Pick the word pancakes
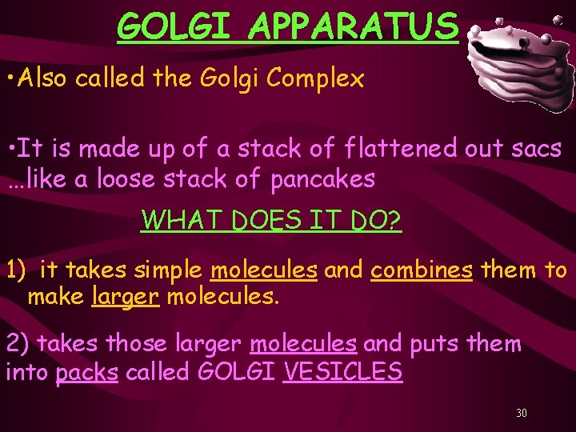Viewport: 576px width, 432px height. click(x=322, y=179)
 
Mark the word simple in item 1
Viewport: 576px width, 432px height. click(x=166, y=270)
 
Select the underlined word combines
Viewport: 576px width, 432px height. click(x=422, y=270)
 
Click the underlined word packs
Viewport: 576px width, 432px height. click(x=87, y=373)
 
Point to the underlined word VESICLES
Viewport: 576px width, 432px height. click(x=342, y=372)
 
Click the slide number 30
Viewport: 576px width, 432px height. click(x=521, y=414)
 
